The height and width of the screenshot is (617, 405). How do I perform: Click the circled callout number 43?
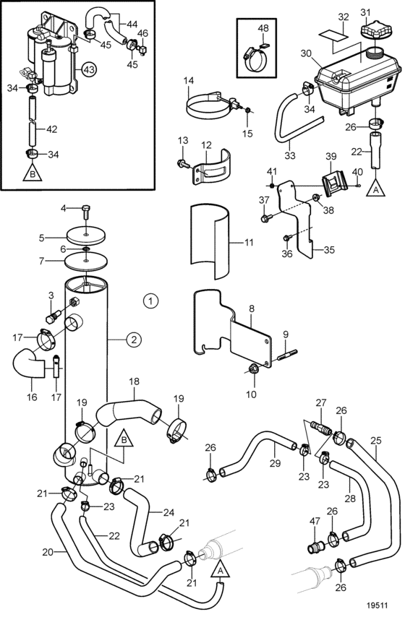click(89, 70)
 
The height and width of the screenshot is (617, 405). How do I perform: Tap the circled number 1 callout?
click(150, 301)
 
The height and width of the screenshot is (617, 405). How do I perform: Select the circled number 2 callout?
click(134, 339)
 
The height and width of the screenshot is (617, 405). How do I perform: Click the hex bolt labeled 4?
click(86, 212)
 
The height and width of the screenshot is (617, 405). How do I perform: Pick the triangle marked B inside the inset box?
click(33, 173)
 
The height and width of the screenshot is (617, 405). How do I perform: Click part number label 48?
click(263, 29)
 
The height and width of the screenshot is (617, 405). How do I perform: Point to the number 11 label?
click(249, 242)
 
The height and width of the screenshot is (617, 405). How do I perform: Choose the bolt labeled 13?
click(183, 162)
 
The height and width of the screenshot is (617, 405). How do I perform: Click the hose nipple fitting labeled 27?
click(321, 427)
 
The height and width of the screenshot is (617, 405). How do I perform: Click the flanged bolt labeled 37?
click(265, 217)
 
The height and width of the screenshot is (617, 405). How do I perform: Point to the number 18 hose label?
click(134, 381)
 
